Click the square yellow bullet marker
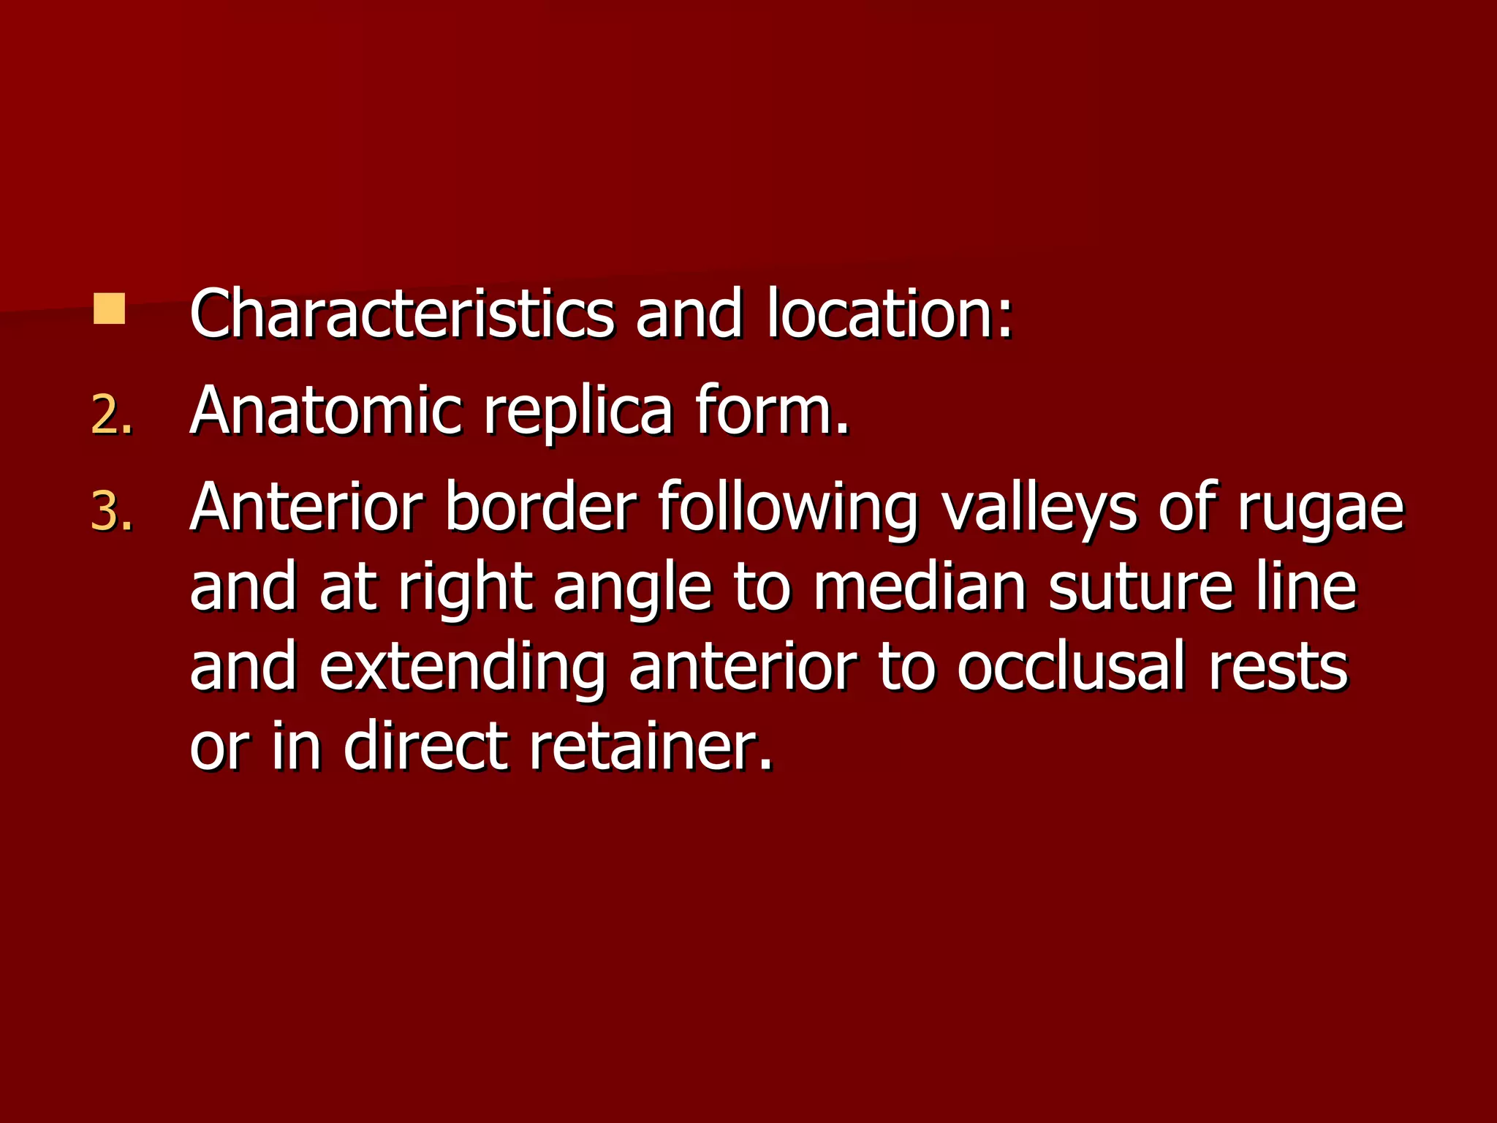[109, 309]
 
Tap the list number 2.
[111, 415]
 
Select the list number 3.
[111, 512]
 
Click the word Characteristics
[401, 314]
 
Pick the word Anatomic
[326, 411]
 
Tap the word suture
[1141, 589]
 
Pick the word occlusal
[1071, 667]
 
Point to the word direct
[425, 746]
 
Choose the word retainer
[651, 746]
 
